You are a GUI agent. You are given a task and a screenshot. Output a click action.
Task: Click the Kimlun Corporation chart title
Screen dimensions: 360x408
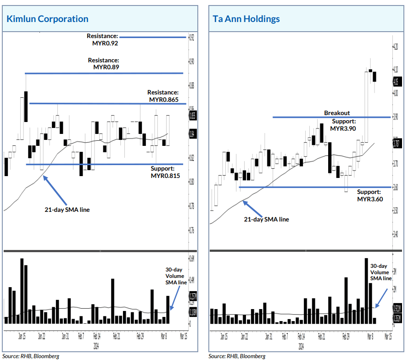point(47,19)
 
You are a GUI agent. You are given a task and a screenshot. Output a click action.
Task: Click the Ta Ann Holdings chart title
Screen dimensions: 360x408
point(246,19)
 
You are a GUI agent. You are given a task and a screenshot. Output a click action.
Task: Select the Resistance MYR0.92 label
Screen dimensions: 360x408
point(103,39)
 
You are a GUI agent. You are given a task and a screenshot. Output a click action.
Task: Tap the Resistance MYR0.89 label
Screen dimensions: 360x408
point(104,63)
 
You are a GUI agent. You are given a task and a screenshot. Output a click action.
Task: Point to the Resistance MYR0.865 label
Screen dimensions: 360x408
point(163,96)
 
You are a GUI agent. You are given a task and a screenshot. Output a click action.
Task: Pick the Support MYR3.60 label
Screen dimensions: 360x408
point(369,195)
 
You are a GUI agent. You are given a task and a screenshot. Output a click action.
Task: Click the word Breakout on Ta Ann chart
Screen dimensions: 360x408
point(337,113)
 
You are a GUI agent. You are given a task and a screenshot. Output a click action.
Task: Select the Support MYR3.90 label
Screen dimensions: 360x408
point(343,125)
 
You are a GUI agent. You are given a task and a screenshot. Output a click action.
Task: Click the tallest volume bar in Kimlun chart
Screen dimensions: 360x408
point(22,291)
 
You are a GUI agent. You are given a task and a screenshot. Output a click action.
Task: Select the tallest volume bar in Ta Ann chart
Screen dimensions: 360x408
point(366,291)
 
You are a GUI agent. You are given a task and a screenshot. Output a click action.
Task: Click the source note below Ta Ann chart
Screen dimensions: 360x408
point(237,356)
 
